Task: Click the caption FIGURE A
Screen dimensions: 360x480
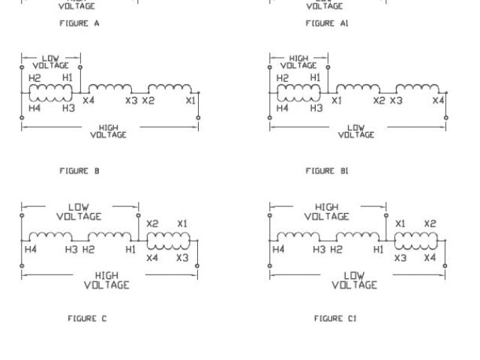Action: click(x=79, y=24)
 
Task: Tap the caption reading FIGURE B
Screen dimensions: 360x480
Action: click(x=79, y=171)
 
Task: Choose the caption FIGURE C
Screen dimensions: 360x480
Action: click(x=88, y=319)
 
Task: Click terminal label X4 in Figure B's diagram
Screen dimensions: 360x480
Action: click(x=88, y=100)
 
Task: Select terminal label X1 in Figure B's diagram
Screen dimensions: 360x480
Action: click(x=191, y=100)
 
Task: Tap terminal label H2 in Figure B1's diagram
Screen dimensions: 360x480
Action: click(x=283, y=77)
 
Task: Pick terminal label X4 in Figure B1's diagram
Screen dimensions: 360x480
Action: click(x=439, y=100)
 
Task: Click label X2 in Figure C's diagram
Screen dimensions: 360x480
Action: click(x=153, y=223)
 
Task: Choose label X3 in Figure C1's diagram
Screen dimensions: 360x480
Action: click(x=400, y=258)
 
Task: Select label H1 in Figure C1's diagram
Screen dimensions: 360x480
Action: click(x=378, y=249)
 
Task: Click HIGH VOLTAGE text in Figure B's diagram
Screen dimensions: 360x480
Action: click(x=108, y=131)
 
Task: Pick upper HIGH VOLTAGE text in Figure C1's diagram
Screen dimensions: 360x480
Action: click(x=327, y=211)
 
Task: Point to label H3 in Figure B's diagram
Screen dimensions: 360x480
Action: click(x=68, y=108)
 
